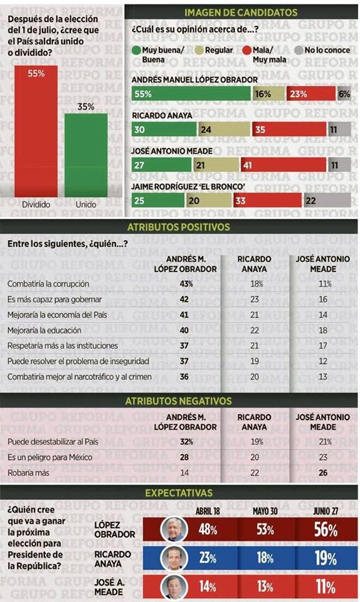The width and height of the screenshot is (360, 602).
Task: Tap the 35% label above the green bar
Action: (86, 107)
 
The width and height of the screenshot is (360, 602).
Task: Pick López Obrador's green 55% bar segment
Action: (191, 93)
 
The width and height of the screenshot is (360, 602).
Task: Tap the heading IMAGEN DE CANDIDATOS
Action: (241, 13)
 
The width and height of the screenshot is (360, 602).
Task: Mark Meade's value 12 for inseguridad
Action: (323, 361)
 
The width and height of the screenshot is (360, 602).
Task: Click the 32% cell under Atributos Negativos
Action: (185, 441)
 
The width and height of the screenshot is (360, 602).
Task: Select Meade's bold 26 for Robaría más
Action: (323, 473)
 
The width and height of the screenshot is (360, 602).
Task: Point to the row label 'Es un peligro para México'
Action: (50, 457)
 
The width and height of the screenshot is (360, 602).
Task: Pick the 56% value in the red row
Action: (324, 531)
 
